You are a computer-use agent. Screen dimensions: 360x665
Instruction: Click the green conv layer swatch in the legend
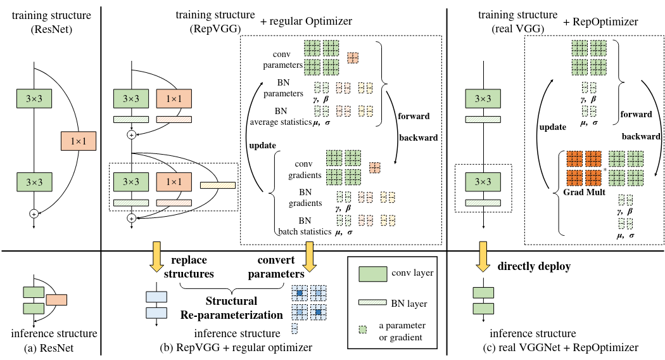point(378,274)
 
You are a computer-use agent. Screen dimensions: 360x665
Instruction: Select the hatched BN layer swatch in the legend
point(378,303)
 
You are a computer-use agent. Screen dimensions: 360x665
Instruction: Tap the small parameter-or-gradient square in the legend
point(364,330)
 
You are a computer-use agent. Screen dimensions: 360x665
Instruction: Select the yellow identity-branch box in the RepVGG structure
point(217,186)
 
